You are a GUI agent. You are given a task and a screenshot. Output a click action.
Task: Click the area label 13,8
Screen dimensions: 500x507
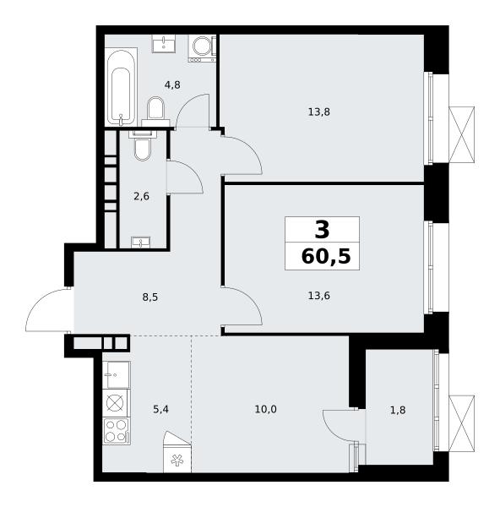point(318,112)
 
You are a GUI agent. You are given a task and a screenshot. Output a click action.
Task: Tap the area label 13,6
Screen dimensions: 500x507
point(318,296)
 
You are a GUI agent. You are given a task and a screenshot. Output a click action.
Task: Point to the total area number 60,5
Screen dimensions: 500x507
point(326,257)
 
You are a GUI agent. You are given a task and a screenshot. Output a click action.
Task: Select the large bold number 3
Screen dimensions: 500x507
point(322,229)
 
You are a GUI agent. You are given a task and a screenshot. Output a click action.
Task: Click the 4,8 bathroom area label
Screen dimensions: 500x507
point(172,85)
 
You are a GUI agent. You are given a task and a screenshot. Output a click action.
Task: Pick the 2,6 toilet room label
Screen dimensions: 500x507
point(141,196)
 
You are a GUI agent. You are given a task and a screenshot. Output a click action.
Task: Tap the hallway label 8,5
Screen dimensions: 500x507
point(150,297)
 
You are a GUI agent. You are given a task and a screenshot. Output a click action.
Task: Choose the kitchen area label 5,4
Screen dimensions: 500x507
point(160,410)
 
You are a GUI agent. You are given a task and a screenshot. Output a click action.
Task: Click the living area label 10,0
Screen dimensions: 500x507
point(265,409)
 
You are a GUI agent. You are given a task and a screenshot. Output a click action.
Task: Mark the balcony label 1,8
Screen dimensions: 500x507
point(398,410)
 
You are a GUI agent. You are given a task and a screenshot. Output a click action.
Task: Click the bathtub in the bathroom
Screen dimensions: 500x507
point(121,87)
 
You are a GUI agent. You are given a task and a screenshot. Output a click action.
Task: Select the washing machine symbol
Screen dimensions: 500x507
point(203,48)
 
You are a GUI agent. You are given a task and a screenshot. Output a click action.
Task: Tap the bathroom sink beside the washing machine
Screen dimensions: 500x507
point(164,44)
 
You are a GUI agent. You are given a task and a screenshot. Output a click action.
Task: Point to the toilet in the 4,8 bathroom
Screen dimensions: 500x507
point(155,111)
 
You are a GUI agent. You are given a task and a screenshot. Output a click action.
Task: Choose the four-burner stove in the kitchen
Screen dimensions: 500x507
point(117,431)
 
